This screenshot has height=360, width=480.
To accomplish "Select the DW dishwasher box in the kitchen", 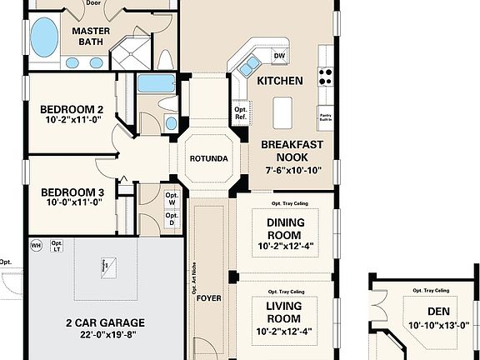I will click(279, 56).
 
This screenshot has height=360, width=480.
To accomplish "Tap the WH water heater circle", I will click(37, 246).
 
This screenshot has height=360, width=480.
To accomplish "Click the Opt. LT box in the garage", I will click(57, 246).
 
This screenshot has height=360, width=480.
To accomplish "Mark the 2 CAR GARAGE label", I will click(105, 322).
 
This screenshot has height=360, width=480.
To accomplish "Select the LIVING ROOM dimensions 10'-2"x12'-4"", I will click(286, 331).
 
